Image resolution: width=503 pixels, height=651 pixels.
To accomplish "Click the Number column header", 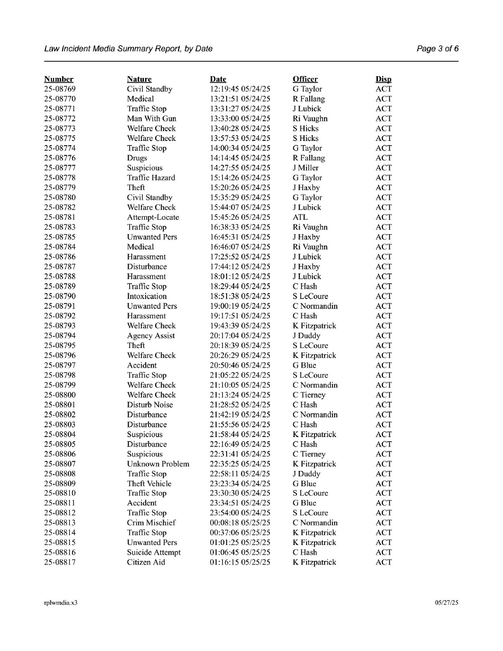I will tap(59, 79).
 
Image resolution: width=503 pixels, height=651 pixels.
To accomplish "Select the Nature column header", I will tap(139, 79).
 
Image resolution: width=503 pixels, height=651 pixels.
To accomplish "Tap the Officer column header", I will tap(305, 79).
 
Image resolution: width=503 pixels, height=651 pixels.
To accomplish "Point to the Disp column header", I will tap(384, 79).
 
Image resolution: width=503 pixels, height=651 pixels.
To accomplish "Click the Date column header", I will tap(218, 79).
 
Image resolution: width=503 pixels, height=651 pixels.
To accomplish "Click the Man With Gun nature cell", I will tap(151, 119).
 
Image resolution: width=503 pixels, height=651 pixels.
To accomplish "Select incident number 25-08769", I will tap(60, 89).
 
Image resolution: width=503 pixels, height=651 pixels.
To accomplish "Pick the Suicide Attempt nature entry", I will tap(154, 552).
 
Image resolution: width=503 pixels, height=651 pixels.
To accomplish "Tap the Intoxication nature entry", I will tap(147, 296).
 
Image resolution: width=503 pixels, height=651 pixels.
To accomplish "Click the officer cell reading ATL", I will tap(300, 217).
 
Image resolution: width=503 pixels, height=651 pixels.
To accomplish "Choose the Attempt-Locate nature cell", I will tap(153, 217).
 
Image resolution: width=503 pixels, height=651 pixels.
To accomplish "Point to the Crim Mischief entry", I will tap(151, 523).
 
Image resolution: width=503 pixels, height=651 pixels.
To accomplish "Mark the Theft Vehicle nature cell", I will tap(149, 484).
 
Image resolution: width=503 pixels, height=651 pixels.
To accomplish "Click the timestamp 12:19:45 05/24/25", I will tap(240, 89).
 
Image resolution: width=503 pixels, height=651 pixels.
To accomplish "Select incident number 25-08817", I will tap(60, 562).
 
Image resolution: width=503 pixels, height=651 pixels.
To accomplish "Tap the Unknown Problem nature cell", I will tap(158, 464).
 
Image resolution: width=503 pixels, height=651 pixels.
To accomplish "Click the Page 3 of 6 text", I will tap(437, 49).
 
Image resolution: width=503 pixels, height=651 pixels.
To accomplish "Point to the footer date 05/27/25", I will tap(447, 603).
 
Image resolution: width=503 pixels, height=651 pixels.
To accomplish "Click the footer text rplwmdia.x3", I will tap(60, 603).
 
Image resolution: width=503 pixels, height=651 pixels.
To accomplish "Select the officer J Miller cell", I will tap(307, 168).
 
